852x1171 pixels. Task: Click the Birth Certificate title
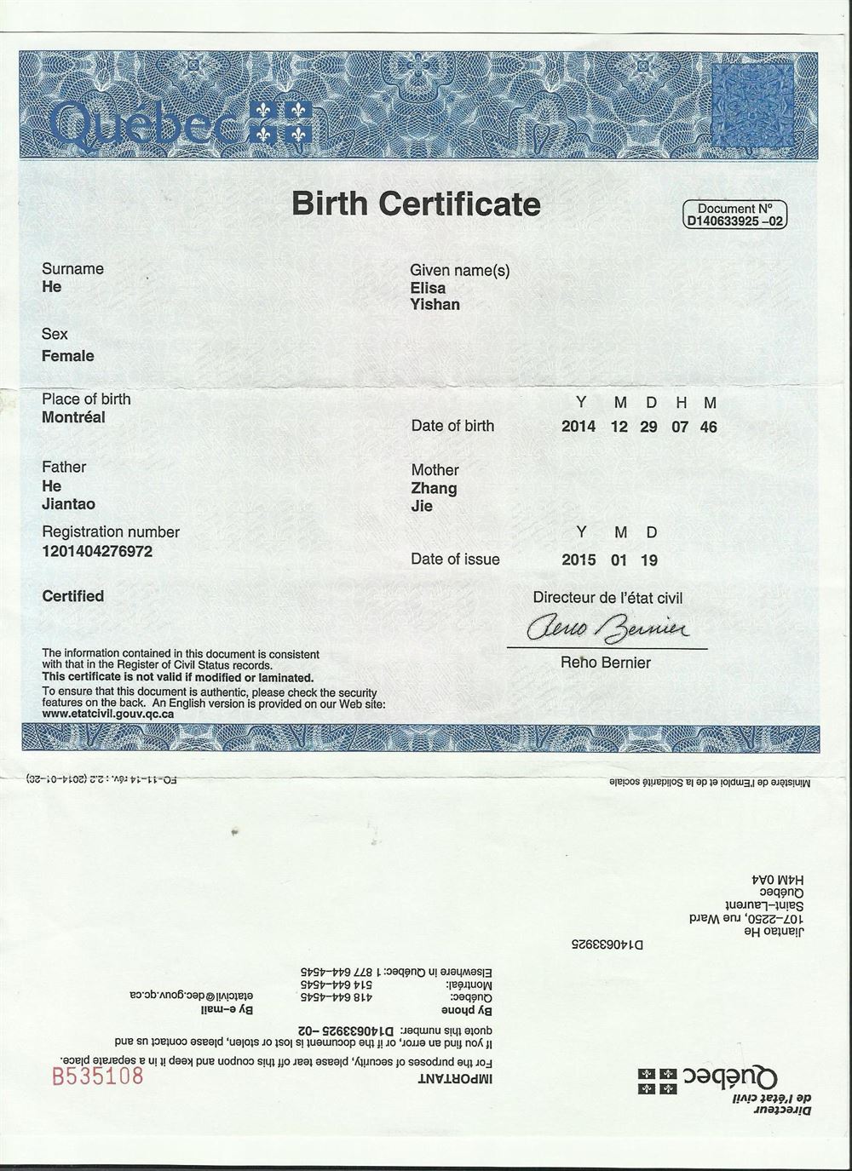click(x=416, y=204)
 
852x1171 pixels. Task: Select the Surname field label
click(x=72, y=269)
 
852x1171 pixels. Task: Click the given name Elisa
click(x=428, y=288)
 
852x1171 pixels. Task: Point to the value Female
click(x=68, y=356)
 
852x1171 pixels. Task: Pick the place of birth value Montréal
click(x=73, y=417)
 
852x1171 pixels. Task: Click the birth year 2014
click(x=579, y=427)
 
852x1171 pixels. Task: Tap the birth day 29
click(x=648, y=427)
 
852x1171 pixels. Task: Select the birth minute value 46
click(x=708, y=427)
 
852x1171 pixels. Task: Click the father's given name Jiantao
click(x=68, y=504)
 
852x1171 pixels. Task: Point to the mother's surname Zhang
click(x=434, y=488)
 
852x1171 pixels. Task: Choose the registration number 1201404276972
click(x=97, y=551)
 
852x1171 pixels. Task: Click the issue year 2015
click(x=579, y=560)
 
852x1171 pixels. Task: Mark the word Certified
click(x=73, y=596)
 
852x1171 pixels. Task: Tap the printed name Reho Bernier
click(x=606, y=662)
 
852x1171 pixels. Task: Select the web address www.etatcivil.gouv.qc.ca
click(x=108, y=714)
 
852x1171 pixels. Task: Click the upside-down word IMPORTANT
click(x=452, y=1078)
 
